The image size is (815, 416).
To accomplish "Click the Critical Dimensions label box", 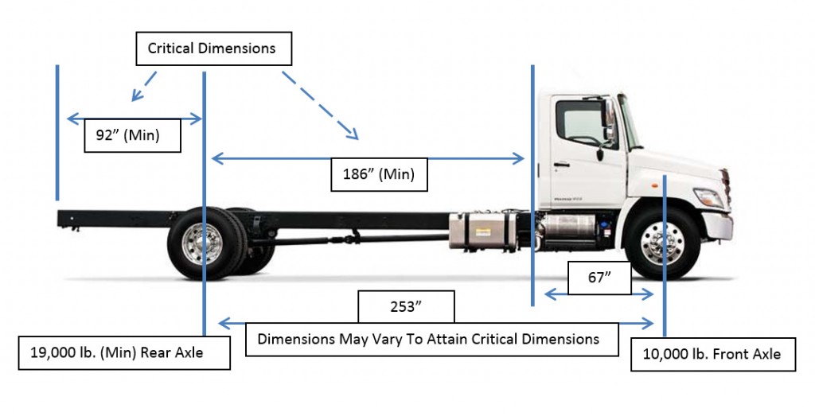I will (x=212, y=49).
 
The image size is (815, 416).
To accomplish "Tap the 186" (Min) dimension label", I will (x=379, y=174).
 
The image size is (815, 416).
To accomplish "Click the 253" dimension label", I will (x=406, y=305).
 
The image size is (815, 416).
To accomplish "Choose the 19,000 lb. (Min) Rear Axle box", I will (x=124, y=352).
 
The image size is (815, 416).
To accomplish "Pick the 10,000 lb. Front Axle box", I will (x=712, y=354).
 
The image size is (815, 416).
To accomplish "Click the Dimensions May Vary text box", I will (x=427, y=339).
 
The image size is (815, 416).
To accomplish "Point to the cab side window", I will (x=579, y=122).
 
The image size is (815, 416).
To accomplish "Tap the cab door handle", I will (x=562, y=165).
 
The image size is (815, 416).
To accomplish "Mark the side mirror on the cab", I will (x=610, y=119).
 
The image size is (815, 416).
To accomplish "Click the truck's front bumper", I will (x=717, y=227).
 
